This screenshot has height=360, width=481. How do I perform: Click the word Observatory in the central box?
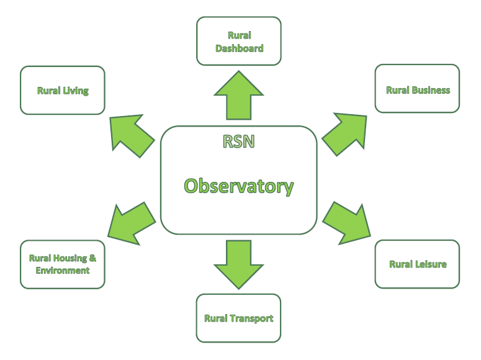point(239,186)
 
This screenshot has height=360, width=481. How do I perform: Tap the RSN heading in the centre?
point(239,142)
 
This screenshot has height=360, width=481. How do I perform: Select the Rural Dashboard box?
point(239,41)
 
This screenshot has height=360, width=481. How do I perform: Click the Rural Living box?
point(63,90)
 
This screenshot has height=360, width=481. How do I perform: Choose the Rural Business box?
point(417,88)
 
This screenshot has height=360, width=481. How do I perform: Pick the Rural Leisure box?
point(417,264)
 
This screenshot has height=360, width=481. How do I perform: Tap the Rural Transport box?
point(239,318)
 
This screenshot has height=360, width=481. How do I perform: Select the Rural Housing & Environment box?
point(63,264)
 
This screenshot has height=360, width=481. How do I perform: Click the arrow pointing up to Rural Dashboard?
point(239,95)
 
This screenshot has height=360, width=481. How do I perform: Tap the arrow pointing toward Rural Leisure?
point(348,223)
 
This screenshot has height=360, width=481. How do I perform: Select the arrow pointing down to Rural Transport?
point(239,264)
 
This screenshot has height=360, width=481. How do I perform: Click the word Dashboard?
point(240,48)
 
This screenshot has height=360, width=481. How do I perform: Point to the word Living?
point(76,91)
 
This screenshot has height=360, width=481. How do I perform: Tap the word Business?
point(431,90)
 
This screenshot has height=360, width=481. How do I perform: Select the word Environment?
point(63,271)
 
